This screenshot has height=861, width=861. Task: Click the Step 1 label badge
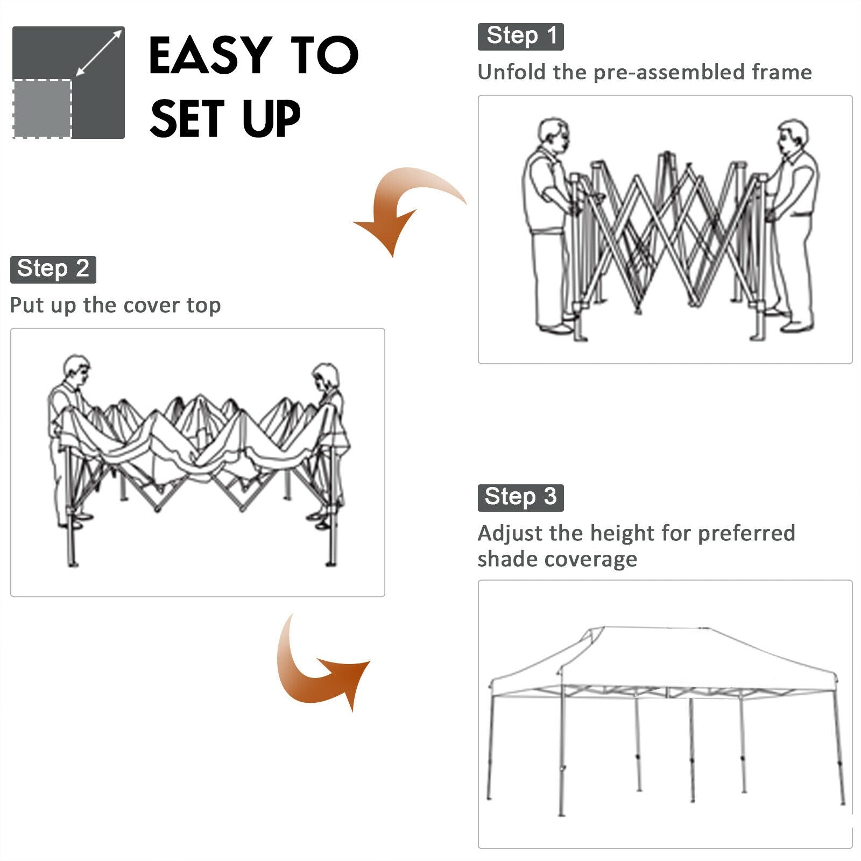520,37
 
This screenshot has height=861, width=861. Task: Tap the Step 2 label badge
53,270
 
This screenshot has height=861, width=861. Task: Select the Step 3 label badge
520,498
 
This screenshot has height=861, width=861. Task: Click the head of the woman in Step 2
326,377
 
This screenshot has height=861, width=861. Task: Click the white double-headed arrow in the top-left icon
99,53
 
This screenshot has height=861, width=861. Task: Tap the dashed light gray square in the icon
42,109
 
